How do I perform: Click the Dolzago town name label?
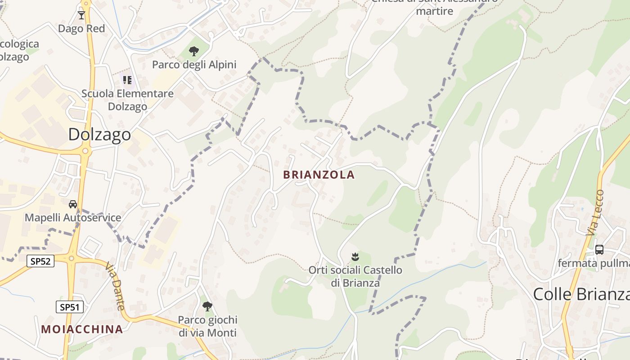(x=99, y=134)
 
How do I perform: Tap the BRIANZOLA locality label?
(x=319, y=175)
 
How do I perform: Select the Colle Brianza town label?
(x=581, y=294)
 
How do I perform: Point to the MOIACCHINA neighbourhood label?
(x=82, y=329)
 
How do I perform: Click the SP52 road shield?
(x=40, y=261)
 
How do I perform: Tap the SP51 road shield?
(x=70, y=307)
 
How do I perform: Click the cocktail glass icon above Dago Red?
(x=81, y=15)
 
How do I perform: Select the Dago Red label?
(x=81, y=29)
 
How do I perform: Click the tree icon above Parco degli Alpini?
(x=194, y=51)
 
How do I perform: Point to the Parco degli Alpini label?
(x=194, y=64)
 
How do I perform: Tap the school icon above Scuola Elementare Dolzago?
(x=127, y=80)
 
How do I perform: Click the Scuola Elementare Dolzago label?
(x=127, y=100)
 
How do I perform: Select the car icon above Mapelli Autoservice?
(x=73, y=204)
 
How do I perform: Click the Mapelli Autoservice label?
(x=73, y=218)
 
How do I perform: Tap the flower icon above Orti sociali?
(x=355, y=257)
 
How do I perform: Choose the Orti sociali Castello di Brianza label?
(x=355, y=276)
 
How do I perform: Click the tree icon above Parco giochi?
(x=207, y=306)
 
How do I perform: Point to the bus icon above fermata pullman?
(x=599, y=250)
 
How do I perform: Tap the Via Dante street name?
(x=115, y=287)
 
